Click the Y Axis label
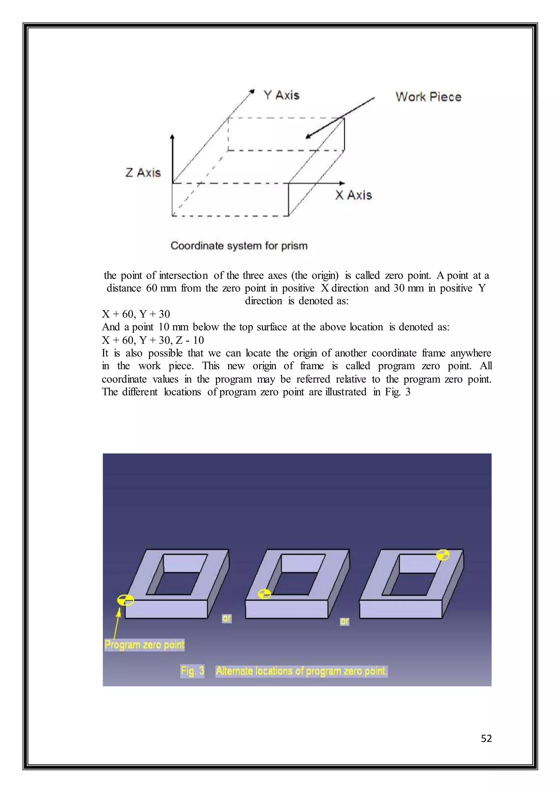coord(281,95)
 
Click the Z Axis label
coord(143,173)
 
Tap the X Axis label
coord(354,195)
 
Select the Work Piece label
coord(428,97)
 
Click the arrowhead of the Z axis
coord(173,137)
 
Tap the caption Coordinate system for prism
coord(239,246)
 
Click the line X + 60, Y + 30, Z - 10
coord(153,340)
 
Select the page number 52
coord(486,738)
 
